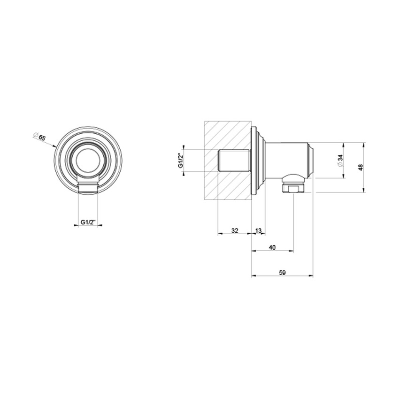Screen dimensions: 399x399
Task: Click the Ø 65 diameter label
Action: [x=41, y=138]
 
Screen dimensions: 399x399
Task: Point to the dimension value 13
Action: [x=258, y=230]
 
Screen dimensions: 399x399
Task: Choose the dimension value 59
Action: [x=282, y=272]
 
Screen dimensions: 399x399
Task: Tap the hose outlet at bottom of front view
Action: [x=88, y=188]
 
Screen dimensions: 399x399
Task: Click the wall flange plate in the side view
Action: [x=256, y=161]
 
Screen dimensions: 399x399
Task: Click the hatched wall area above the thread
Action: [x=228, y=134]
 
